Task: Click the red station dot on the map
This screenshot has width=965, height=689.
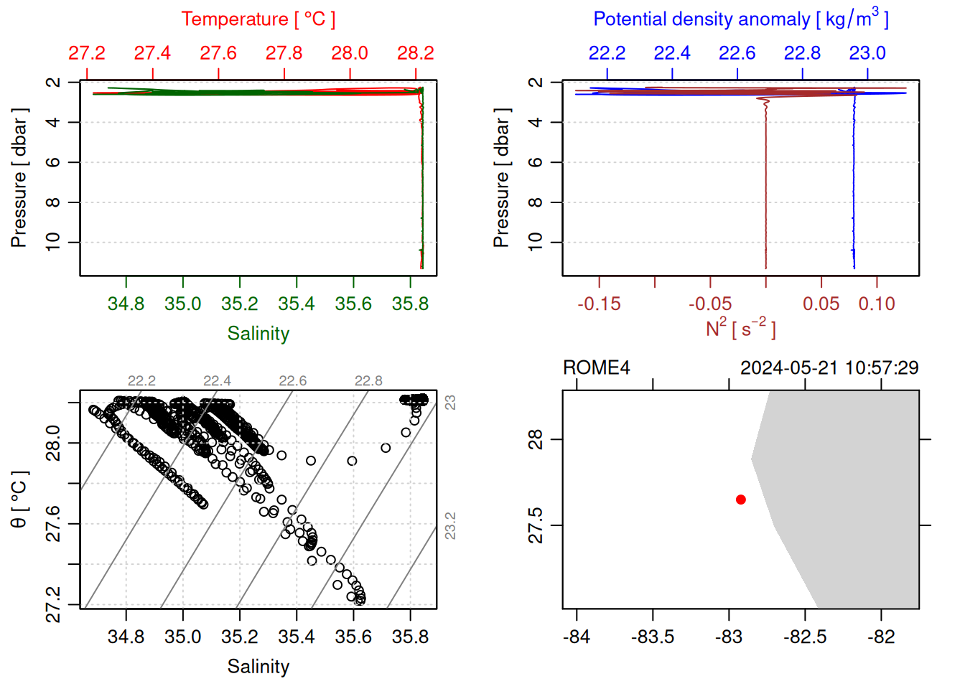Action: [740, 500]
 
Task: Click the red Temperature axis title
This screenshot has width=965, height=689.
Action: [258, 19]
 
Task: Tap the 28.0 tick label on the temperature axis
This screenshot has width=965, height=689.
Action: [350, 53]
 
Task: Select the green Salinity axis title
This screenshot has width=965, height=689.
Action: [258, 334]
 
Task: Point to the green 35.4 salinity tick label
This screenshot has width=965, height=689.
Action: [297, 304]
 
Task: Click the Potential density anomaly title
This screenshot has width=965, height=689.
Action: [740, 19]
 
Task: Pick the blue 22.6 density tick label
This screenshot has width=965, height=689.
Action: [737, 53]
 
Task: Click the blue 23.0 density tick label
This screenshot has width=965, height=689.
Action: [867, 53]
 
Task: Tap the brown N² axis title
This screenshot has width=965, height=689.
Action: [740, 329]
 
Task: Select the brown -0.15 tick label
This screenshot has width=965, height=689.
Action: [599, 304]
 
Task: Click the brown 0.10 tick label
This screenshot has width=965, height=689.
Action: [877, 304]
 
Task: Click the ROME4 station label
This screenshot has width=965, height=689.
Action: [596, 368]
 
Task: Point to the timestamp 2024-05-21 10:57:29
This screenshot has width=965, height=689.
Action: [829, 368]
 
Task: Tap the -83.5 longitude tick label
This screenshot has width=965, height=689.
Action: [653, 637]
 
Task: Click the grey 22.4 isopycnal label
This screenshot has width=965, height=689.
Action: [217, 381]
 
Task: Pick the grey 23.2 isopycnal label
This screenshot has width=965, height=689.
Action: [450, 525]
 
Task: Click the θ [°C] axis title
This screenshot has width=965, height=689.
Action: [19, 500]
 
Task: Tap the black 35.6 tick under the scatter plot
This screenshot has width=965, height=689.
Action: [353, 637]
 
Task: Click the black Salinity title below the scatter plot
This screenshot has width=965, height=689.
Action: [258, 667]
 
